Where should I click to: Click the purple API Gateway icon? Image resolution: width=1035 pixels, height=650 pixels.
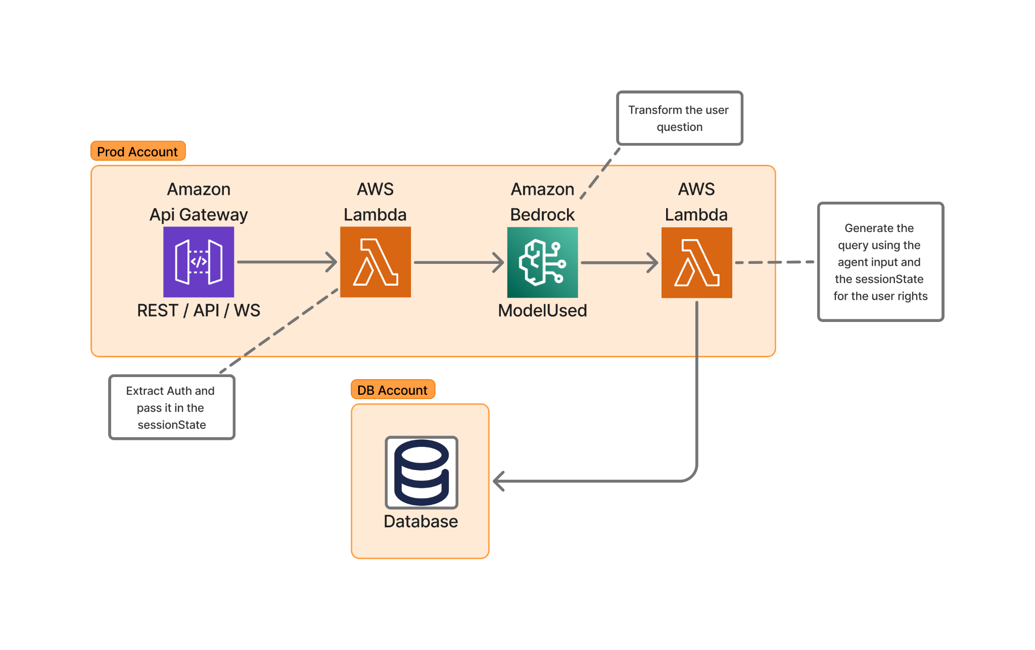pyautogui.click(x=199, y=262)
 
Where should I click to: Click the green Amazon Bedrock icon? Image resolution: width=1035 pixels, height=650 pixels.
pyautogui.click(x=542, y=262)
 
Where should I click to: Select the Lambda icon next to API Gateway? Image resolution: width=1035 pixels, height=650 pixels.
pyautogui.click(x=375, y=262)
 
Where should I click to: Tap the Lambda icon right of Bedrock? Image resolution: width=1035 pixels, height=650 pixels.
pyautogui.click(x=696, y=262)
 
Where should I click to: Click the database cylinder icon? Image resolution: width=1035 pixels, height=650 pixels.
pyautogui.click(x=421, y=472)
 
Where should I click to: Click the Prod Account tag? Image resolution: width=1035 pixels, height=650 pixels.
pyautogui.click(x=138, y=151)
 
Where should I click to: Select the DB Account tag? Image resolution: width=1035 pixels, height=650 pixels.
pyautogui.click(x=393, y=390)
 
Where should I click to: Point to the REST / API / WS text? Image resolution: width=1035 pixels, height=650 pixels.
pyautogui.click(x=199, y=310)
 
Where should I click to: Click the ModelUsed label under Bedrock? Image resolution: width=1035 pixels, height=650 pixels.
pyautogui.click(x=542, y=310)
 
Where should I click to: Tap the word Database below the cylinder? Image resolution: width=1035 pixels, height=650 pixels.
pyautogui.click(x=420, y=521)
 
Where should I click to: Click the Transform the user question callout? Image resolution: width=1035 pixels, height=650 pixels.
pyautogui.click(x=679, y=118)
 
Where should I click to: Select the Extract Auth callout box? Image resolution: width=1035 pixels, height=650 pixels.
pyautogui.click(x=172, y=407)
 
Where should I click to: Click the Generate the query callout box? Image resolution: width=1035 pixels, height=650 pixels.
pyautogui.click(x=880, y=262)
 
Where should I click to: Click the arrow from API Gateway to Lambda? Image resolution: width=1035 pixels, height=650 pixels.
pyautogui.click(x=286, y=262)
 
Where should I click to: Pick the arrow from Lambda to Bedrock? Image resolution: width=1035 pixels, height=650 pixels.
pyautogui.click(x=457, y=262)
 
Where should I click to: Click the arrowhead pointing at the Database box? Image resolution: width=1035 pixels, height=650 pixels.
pyautogui.click(x=499, y=481)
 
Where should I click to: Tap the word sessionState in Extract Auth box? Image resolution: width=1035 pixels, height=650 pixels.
pyautogui.click(x=172, y=425)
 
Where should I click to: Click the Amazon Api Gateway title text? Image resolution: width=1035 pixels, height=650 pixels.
pyautogui.click(x=199, y=202)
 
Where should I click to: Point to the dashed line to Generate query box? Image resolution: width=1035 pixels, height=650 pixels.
pyautogui.click(x=774, y=262)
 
